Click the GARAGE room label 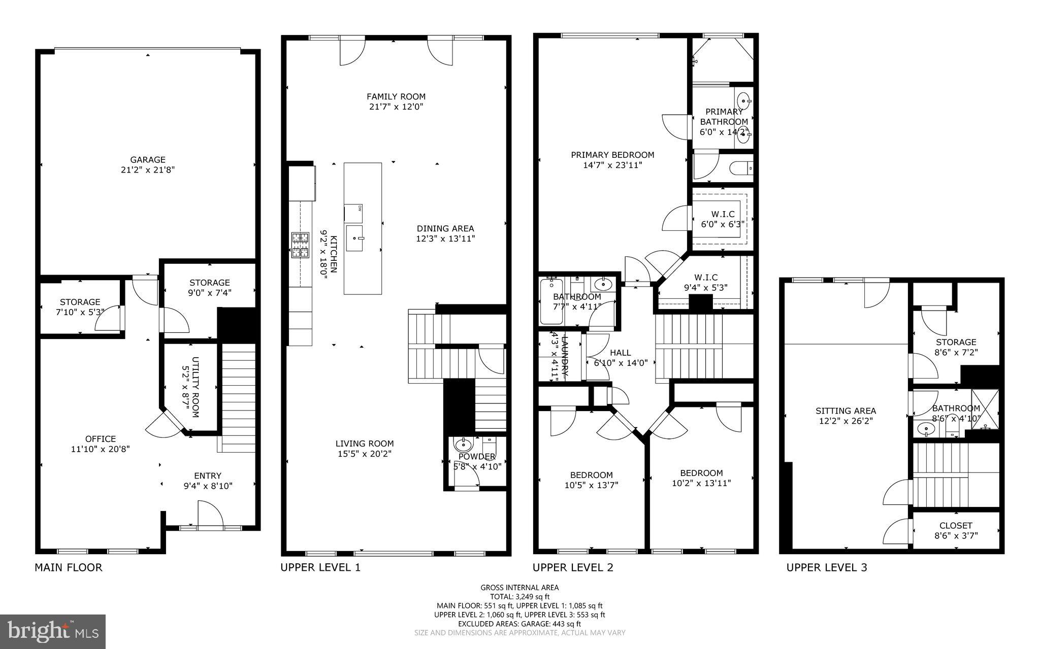[x=147, y=159]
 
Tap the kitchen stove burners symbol [x=300, y=246]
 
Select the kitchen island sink [x=355, y=237]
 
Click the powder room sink [x=464, y=446]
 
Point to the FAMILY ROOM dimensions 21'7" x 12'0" [x=396, y=107]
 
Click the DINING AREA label [x=445, y=228]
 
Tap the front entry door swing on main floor [x=210, y=515]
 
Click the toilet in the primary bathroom [x=741, y=167]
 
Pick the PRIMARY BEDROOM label [x=612, y=155]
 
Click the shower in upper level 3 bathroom [x=985, y=409]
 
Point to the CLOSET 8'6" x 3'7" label [x=956, y=530]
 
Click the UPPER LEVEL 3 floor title [x=826, y=567]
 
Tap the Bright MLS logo [x=53, y=631]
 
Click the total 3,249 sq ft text [x=519, y=597]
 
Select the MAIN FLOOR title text [x=69, y=567]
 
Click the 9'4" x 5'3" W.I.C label [x=706, y=282]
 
